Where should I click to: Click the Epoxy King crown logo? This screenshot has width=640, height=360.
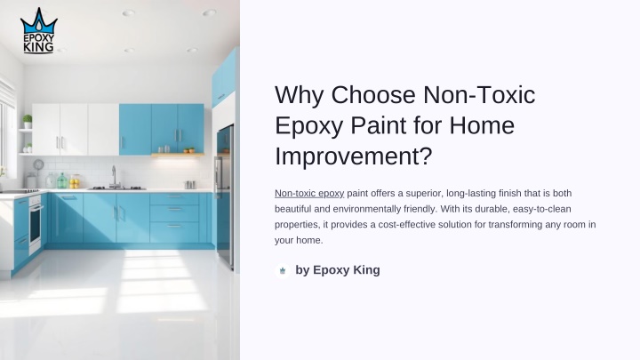[39, 30]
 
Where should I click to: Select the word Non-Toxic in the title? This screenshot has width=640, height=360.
[479, 95]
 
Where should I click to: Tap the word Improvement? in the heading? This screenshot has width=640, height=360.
[353, 156]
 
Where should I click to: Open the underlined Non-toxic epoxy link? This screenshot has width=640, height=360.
[309, 193]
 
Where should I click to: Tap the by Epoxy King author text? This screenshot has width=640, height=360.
[338, 270]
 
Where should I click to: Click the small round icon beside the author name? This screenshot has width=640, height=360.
[283, 270]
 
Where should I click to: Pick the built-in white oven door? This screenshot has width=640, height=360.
[35, 224]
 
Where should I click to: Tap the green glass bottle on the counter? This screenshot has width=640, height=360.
[62, 180]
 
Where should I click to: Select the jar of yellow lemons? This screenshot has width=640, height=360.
[75, 181]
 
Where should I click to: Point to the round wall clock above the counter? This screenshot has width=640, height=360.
[38, 164]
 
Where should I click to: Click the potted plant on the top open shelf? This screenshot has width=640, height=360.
[28, 121]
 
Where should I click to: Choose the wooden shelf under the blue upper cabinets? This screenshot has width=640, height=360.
[178, 155]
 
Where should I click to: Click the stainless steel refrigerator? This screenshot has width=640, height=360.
[225, 196]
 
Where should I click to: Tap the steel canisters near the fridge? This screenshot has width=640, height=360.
[190, 185]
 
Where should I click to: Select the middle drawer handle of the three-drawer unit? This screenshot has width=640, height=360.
[174, 209]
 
